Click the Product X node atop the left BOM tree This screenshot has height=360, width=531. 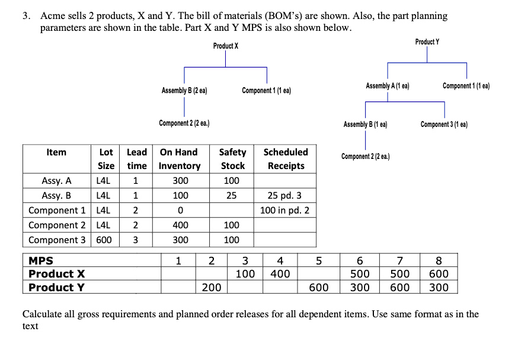pos(226,46)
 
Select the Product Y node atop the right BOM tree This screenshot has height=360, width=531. pos(427,42)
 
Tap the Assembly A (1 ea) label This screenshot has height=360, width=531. pos(388,86)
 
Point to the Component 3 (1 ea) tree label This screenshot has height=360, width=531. pos(444,125)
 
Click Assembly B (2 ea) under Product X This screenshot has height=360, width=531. pos(184,91)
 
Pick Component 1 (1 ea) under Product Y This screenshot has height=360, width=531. pos(466,86)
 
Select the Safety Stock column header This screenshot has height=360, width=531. pos(233,159)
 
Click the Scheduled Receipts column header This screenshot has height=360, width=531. pos(286,159)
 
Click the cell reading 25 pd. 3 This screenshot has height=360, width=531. pos(286,196)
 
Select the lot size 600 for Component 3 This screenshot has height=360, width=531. pos(105,240)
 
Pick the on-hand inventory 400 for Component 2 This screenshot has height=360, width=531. pos(180,225)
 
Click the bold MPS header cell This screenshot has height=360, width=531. pos(41,260)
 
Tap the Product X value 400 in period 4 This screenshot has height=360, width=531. pos(280,274)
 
